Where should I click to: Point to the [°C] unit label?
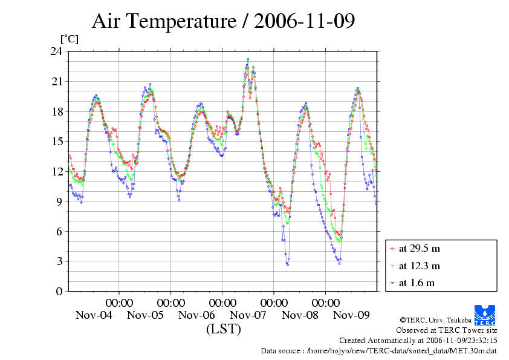[69, 39]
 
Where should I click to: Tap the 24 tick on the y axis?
[56, 51]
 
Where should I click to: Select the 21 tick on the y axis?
[56, 81]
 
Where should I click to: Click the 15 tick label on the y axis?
[56, 141]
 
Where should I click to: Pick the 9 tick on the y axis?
[59, 201]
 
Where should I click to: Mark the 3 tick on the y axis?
[59, 261]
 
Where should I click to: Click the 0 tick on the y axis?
[59, 291]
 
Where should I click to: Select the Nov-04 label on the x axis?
[94, 315]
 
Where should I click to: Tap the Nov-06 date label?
[196, 315]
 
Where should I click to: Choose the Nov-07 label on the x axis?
[248, 315]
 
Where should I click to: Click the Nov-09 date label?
[351, 315]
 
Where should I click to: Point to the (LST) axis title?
[223, 329]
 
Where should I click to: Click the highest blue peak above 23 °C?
[248, 59]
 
